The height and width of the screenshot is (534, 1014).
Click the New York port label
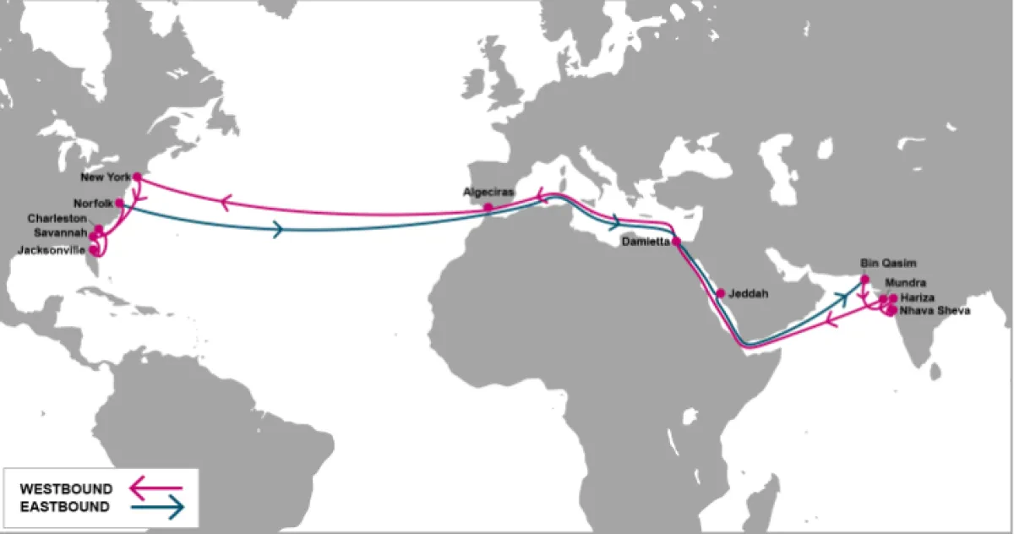point(105,177)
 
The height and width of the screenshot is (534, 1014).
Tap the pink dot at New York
point(137,177)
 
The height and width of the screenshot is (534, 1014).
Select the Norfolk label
point(93,203)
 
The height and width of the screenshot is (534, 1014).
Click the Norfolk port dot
point(120,203)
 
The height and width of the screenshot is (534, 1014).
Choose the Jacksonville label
point(52,250)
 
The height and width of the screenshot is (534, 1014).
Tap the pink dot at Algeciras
point(488,207)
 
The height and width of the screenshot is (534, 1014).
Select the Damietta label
point(644,241)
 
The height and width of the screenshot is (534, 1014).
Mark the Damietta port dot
point(677,242)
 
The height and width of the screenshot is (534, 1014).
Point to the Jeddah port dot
point(721,293)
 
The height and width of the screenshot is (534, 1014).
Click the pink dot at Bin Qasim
point(864,280)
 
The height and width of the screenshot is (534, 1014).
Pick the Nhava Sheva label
point(934,311)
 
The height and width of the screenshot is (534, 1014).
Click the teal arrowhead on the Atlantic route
point(278,229)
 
